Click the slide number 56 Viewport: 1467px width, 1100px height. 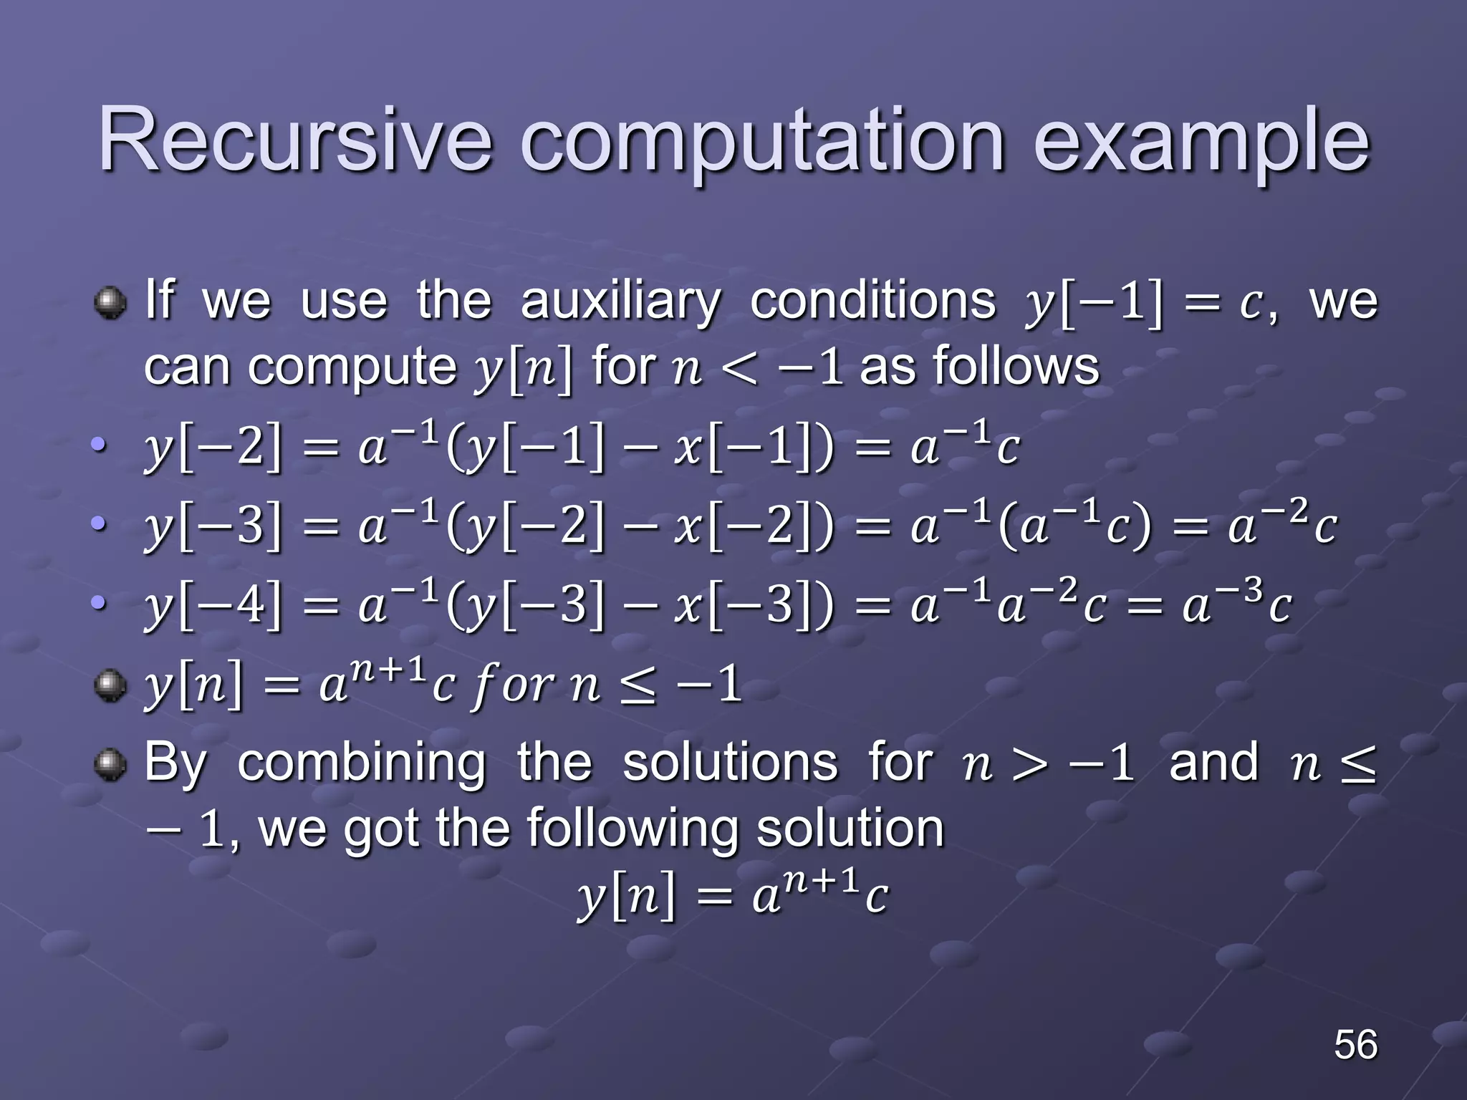1355,1045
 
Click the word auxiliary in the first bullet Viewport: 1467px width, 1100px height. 620,301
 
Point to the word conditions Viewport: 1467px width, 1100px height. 872,300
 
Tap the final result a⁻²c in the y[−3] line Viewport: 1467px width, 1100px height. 1281,526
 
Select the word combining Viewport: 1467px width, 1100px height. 361,763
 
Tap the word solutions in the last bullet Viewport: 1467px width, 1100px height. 729,762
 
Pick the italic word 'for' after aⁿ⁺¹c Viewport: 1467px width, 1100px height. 511,686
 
